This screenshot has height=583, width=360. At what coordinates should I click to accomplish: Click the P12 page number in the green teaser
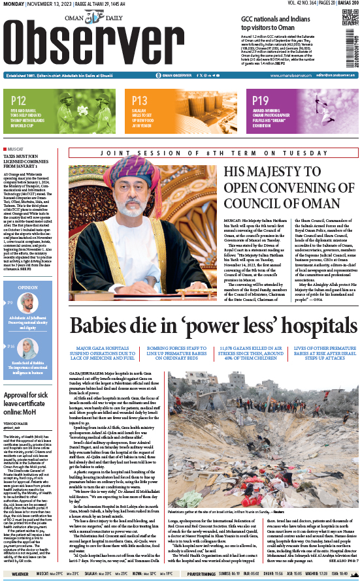coord(18,100)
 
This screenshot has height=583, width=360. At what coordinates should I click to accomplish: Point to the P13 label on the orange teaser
coord(140,100)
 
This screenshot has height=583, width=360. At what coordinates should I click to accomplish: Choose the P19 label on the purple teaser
coord(261,100)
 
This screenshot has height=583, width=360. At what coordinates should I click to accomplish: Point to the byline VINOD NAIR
coord(15,423)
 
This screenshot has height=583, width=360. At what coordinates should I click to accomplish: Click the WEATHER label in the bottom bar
coord(20,575)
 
